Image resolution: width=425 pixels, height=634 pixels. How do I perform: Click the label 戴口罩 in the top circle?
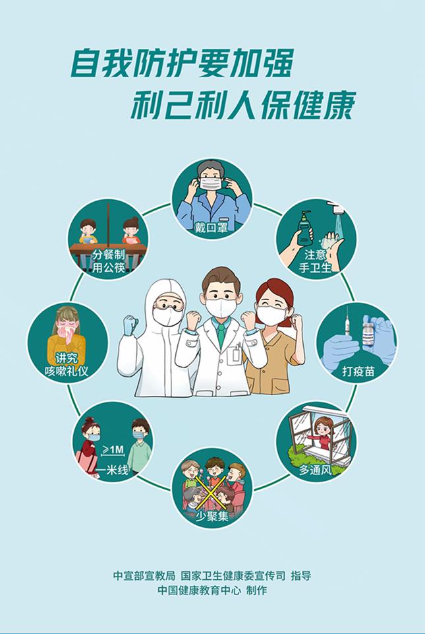pos(212,228)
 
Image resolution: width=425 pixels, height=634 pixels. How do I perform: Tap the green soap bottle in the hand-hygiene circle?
pos(304,229)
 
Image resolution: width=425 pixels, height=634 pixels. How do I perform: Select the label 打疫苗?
pos(358,371)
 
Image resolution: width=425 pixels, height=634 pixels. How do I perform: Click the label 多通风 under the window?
pos(315,470)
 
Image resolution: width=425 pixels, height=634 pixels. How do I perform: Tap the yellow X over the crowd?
pos(210,492)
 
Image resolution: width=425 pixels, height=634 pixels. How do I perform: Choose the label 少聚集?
pos(212,517)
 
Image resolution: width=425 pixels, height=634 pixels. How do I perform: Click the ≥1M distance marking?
pos(113,449)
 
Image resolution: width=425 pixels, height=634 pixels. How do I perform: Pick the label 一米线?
pos(112,470)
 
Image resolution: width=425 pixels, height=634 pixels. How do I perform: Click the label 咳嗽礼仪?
pos(67,371)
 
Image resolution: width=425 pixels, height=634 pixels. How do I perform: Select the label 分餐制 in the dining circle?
pos(109,255)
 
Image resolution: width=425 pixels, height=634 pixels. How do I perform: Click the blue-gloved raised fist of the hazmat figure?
pos(130,325)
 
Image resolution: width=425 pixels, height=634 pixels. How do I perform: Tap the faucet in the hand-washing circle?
pos(336,208)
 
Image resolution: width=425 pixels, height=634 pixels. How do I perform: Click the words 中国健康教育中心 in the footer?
pos(199,590)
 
